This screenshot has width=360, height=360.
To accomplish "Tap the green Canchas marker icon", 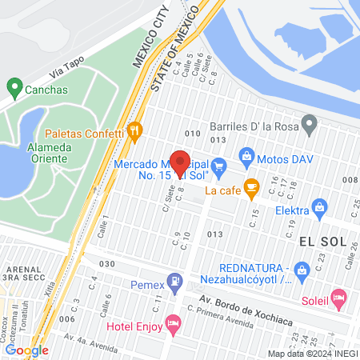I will (x=14, y=87).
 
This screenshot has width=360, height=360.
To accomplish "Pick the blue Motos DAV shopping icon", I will (x=246, y=155).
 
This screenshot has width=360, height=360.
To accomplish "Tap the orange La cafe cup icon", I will (x=252, y=190).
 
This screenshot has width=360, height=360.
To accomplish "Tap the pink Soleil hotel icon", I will (x=339, y=300).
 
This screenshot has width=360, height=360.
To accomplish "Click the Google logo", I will (x=26, y=350).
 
